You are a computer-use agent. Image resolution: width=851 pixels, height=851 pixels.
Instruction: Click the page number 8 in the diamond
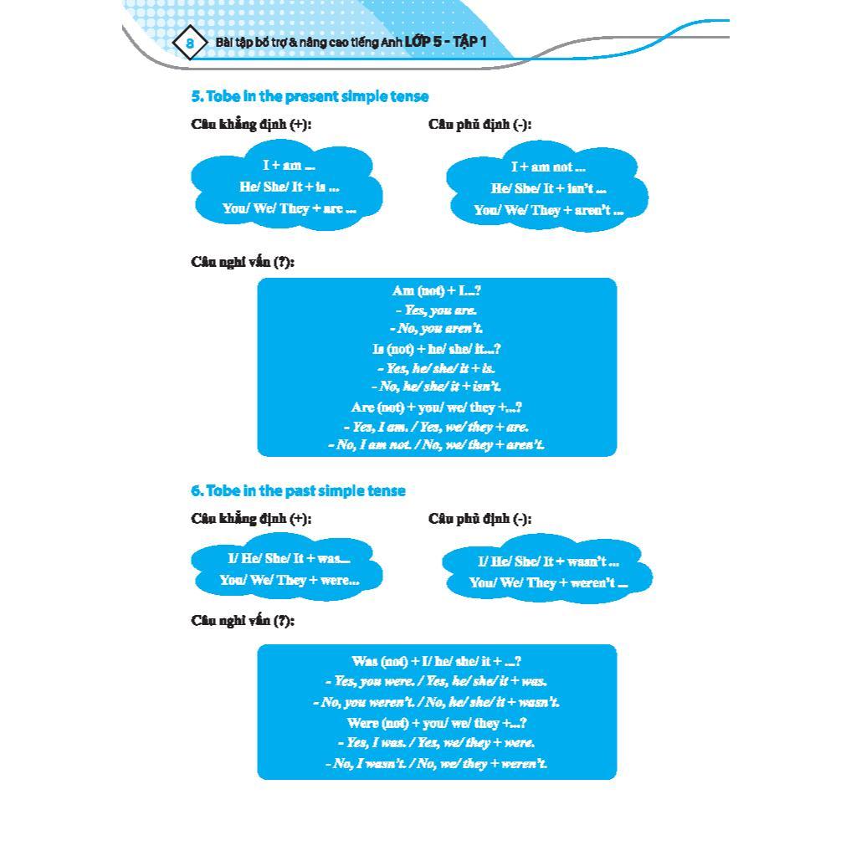click(x=190, y=43)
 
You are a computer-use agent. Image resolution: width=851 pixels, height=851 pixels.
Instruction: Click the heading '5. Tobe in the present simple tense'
click(x=310, y=96)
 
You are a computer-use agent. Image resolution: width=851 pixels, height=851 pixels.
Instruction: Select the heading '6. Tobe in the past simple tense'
click(x=298, y=491)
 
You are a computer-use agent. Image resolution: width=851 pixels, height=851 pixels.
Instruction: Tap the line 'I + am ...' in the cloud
click(x=289, y=166)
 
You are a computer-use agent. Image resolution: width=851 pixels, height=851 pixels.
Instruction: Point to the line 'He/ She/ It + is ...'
click(x=289, y=187)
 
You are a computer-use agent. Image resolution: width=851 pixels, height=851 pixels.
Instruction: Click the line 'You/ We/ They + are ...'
click(x=289, y=208)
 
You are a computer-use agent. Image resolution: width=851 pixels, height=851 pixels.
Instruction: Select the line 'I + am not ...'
click(x=548, y=167)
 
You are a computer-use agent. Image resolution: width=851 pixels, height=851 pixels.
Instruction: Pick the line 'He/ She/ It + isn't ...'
click(x=548, y=189)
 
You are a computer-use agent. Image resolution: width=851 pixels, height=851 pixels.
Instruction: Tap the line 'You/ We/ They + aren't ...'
click(x=548, y=210)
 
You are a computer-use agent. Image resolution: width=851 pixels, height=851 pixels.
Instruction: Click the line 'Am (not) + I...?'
click(x=436, y=291)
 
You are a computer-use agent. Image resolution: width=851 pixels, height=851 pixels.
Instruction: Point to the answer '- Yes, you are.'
click(x=436, y=310)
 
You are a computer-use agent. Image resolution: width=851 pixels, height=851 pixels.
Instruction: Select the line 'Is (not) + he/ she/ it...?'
click(x=436, y=349)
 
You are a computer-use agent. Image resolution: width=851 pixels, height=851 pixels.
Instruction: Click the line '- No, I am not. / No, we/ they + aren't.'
click(x=436, y=445)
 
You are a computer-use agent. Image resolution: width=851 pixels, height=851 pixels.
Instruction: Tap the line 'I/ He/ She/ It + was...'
click(x=289, y=558)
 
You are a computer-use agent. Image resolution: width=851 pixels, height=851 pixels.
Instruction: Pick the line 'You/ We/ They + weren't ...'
click(x=548, y=583)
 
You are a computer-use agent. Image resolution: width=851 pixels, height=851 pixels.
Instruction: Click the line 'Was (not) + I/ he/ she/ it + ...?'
click(x=436, y=662)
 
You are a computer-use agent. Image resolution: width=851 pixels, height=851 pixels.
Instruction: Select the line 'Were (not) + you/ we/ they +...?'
click(x=436, y=723)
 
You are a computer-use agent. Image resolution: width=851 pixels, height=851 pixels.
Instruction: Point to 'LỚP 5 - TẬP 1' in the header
click(x=445, y=42)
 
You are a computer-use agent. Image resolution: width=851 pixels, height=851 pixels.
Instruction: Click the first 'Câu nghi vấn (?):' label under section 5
click(x=243, y=262)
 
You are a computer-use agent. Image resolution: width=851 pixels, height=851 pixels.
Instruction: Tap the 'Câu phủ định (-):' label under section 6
click(x=479, y=519)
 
